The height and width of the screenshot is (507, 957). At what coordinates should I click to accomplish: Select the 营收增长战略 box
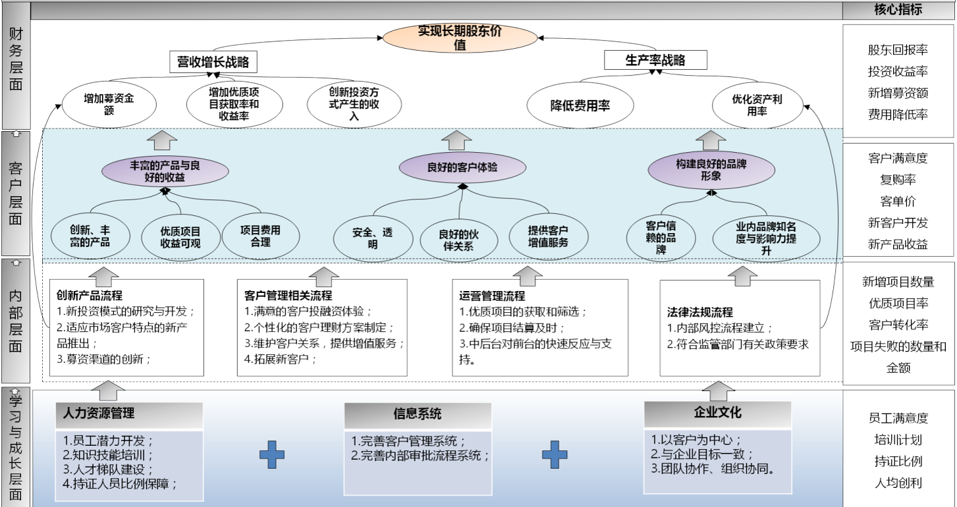(213, 63)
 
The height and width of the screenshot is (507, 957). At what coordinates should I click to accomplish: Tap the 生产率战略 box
(655, 61)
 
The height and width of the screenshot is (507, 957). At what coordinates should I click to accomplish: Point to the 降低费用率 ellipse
(580, 105)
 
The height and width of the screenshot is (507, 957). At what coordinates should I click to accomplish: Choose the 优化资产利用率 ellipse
(757, 105)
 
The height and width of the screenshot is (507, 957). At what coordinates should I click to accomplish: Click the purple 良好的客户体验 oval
(462, 167)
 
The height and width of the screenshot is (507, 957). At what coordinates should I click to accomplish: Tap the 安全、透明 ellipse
(373, 238)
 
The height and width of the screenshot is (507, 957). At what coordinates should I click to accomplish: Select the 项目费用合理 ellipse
(260, 236)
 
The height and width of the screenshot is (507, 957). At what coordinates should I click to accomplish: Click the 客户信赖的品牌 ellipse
(661, 237)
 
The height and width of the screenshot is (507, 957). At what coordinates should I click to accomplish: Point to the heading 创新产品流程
(90, 296)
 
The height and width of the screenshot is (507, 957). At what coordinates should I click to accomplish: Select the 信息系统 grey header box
(418, 414)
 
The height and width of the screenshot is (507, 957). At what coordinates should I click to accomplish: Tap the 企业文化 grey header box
(717, 413)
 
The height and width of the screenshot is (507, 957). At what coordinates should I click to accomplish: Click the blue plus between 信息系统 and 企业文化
(555, 455)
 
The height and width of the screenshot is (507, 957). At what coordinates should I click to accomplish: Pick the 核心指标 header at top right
(898, 10)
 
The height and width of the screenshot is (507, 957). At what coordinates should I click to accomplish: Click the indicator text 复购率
(898, 179)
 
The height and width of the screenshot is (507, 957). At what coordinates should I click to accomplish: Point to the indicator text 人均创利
(898, 483)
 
